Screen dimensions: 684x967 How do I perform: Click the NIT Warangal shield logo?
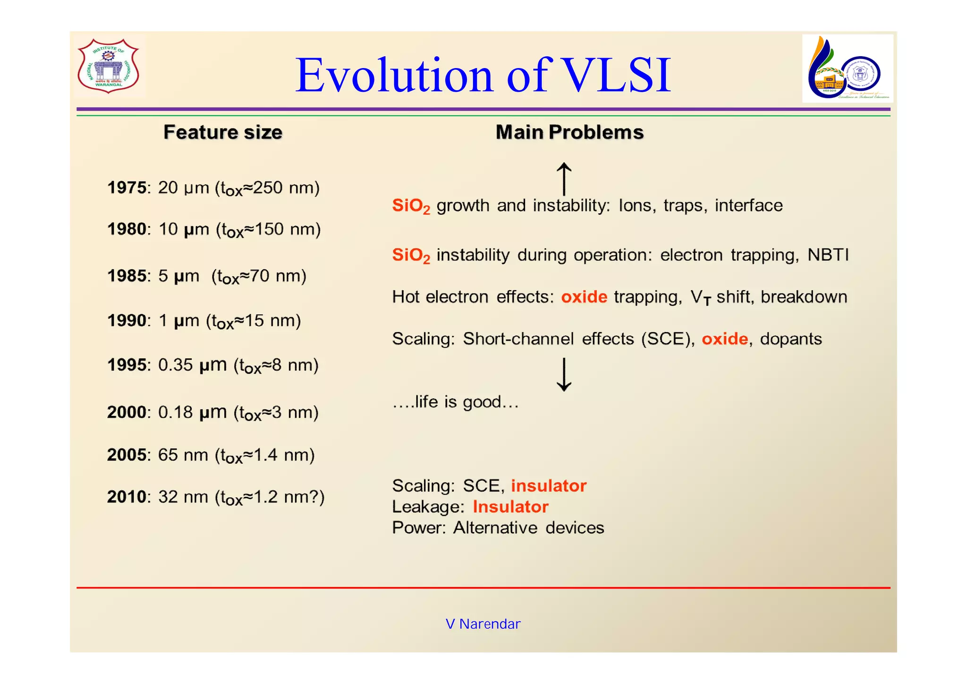[x=109, y=66]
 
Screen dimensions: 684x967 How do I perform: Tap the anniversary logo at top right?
[x=847, y=69]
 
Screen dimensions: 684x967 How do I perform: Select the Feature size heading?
[x=222, y=132]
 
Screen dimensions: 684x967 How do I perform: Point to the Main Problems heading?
[x=569, y=132]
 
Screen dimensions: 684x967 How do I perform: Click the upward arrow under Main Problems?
[x=564, y=178]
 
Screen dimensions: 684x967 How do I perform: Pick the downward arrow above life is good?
[x=564, y=374]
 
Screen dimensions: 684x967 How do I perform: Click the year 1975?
[x=127, y=188]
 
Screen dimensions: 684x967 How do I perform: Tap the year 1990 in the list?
[x=127, y=321]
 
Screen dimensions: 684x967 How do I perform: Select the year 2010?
[x=127, y=497]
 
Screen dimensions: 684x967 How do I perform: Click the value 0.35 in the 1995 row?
[x=175, y=365]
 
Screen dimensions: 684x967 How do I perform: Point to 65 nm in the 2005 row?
[x=183, y=455]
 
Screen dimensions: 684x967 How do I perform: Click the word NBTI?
[x=828, y=255]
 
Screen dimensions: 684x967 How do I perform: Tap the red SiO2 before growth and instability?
[x=411, y=206]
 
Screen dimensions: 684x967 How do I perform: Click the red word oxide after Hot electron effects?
[x=584, y=297]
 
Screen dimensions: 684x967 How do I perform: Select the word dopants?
[x=790, y=339]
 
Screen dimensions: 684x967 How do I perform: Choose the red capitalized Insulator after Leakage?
[x=510, y=507]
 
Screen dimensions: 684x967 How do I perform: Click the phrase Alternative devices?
[x=528, y=528]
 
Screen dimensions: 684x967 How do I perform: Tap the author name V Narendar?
[x=483, y=624]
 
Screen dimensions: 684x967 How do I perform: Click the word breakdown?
[x=804, y=297]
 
